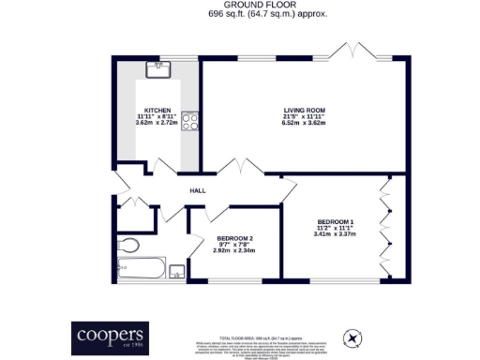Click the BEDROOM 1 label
click(x=335, y=221)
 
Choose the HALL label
click(x=198, y=190)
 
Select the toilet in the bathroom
click(x=129, y=246)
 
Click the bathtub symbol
click(x=142, y=270)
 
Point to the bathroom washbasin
click(x=175, y=272)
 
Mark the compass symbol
click(x=352, y=337)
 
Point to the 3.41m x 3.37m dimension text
click(x=335, y=234)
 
